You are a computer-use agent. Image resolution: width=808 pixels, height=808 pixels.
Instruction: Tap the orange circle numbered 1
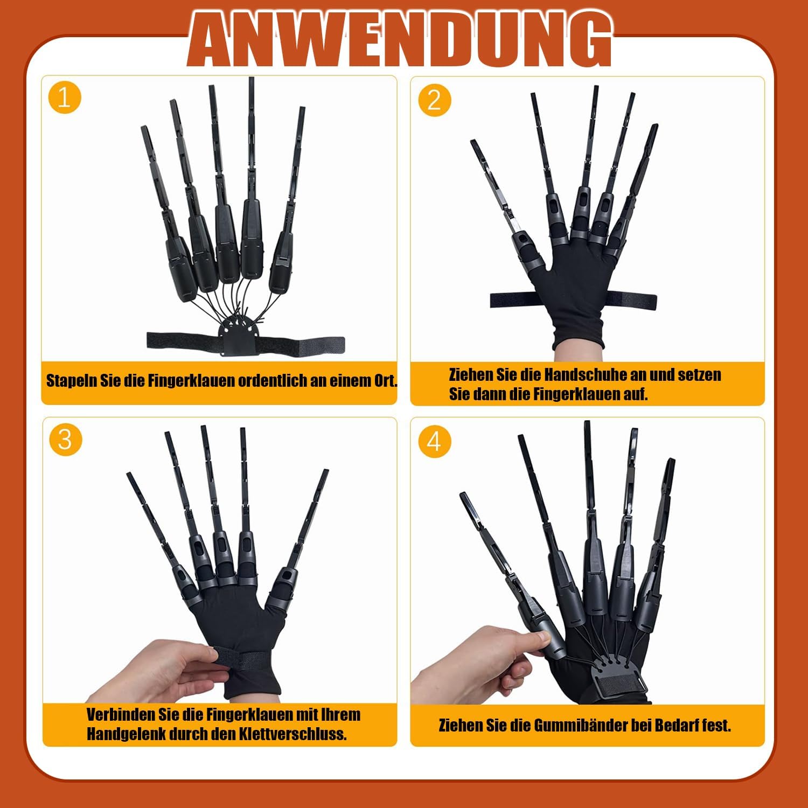[x=64, y=98]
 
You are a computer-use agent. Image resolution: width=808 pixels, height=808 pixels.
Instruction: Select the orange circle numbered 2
[x=434, y=100]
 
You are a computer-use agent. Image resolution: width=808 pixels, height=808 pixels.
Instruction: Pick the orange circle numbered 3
[x=65, y=440]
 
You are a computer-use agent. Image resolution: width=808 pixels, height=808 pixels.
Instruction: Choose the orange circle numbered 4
[x=434, y=442]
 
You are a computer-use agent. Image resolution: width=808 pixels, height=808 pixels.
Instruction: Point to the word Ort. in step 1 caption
[x=386, y=380]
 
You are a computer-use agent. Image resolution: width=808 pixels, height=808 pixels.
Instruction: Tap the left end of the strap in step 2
[x=491, y=301]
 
